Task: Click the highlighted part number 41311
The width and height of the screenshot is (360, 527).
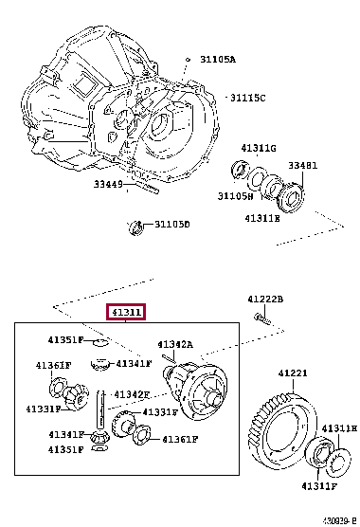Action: (x=125, y=312)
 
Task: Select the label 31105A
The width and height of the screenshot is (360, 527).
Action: (x=217, y=59)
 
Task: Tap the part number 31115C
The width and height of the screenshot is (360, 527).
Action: (x=247, y=98)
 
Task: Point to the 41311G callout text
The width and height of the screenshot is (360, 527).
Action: (x=258, y=148)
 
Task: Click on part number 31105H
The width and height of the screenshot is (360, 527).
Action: (x=235, y=196)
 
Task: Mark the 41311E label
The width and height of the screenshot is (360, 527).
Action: (x=262, y=218)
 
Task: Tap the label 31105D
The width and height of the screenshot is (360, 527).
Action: (x=171, y=225)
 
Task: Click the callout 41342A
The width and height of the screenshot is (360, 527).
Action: (x=175, y=344)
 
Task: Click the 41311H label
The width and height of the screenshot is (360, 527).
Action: (x=338, y=428)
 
